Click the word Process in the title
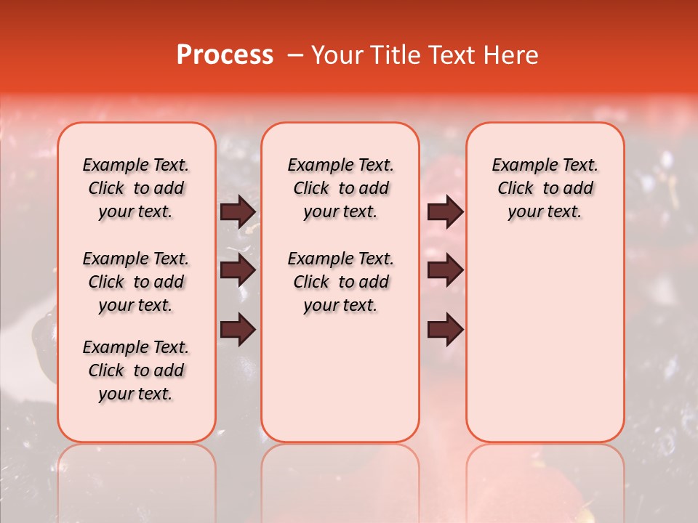pyautogui.click(x=225, y=55)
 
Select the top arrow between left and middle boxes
pyautogui.click(x=238, y=212)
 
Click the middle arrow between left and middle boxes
pyautogui.click(x=238, y=271)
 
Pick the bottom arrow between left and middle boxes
pyautogui.click(x=238, y=330)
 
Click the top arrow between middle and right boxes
pyautogui.click(x=445, y=212)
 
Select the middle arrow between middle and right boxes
pyautogui.click(x=445, y=271)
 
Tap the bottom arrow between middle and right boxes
pyautogui.click(x=445, y=330)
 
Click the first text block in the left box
pyautogui.click(x=136, y=188)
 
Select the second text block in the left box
pyautogui.click(x=136, y=282)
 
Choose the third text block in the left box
pyautogui.click(x=136, y=370)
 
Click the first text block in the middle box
pyautogui.click(x=340, y=188)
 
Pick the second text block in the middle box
pyautogui.click(x=340, y=282)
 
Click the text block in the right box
pyautogui.click(x=545, y=188)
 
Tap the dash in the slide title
pyautogui.click(x=295, y=55)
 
